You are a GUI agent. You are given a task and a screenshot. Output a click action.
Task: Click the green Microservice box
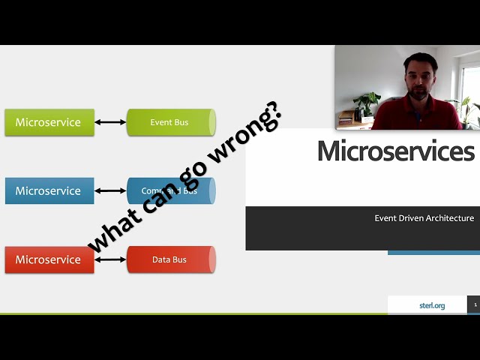click(x=49, y=122)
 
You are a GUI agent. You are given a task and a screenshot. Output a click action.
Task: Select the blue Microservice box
click(x=49, y=191)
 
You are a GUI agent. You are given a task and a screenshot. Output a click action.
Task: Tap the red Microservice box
click(x=49, y=259)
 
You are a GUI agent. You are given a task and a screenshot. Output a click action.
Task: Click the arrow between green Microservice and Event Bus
click(x=110, y=122)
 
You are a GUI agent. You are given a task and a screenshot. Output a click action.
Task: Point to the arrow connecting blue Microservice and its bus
click(x=110, y=191)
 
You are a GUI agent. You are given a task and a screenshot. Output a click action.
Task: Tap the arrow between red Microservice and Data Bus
click(x=110, y=259)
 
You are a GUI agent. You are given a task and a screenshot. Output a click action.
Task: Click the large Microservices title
click(x=395, y=151)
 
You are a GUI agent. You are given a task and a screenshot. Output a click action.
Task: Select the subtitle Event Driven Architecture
click(x=424, y=218)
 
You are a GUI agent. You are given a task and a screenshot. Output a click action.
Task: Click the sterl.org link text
click(x=432, y=305)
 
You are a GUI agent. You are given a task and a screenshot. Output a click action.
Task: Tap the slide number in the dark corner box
click(x=475, y=305)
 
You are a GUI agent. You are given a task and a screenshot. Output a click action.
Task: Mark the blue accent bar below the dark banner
click(x=433, y=253)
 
